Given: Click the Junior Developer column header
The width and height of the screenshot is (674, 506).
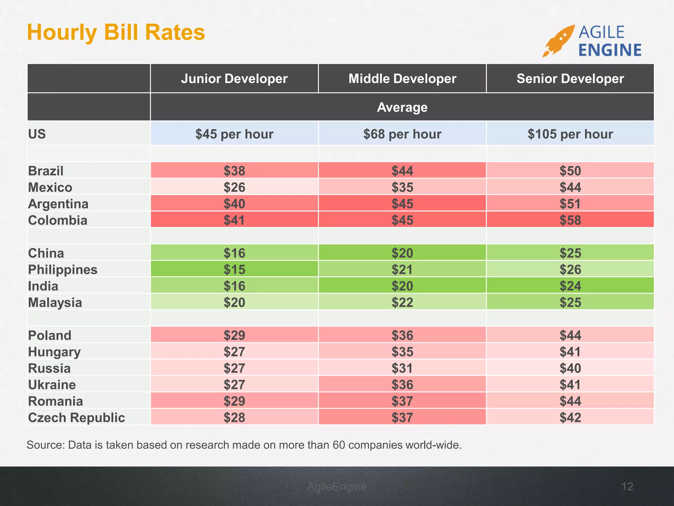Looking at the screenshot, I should point(234,79).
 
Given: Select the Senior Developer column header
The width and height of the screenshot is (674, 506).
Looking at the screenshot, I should point(570,79).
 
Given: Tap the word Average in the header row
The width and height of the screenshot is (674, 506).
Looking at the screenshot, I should point(402,107).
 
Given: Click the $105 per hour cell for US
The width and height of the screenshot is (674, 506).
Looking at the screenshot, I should point(570,134).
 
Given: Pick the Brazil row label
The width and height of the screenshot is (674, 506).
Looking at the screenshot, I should point(46,171).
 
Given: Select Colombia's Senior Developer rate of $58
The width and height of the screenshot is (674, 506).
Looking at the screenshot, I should point(570,220).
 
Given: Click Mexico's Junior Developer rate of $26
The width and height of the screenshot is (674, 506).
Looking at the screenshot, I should point(234,187).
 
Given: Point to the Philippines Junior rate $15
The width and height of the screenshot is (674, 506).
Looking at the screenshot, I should point(234,269).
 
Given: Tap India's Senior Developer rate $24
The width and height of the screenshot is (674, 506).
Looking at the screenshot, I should point(570,286).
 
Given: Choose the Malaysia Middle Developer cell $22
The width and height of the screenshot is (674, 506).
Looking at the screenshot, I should point(402,302).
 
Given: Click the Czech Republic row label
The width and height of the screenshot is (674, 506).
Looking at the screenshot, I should point(76,417).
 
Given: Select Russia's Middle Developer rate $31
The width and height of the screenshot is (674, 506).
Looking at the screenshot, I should point(402,368).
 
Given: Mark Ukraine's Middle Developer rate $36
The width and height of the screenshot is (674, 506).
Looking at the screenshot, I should point(402,384).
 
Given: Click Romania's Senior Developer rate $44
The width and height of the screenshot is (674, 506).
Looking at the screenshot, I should point(570,401).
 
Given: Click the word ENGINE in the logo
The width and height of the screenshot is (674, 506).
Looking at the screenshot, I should point(610,50).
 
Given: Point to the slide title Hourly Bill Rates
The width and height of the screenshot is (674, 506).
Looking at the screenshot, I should point(116,32).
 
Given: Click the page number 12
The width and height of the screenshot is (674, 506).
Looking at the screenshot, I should point(627,486).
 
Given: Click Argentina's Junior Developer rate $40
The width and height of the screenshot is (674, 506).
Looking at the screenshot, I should point(234,204).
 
